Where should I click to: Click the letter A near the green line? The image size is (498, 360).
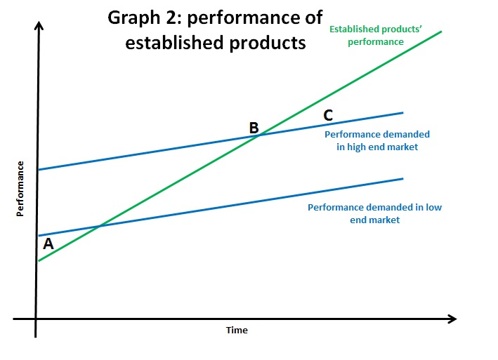pyautogui.click(x=48, y=244)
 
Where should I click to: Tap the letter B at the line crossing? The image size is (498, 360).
pyautogui.click(x=254, y=128)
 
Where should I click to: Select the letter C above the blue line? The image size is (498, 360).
pyautogui.click(x=328, y=115)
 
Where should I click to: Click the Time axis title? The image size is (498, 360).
pyautogui.click(x=237, y=331)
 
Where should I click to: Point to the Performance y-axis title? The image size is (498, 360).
pyautogui.click(x=20, y=189)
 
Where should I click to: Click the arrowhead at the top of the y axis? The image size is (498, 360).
pyautogui.click(x=39, y=25)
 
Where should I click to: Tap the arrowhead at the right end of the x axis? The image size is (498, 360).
pyautogui.click(x=452, y=319)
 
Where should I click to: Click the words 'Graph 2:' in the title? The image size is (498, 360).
pyautogui.click(x=145, y=18)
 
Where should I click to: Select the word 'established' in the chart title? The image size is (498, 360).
pyautogui.click(x=176, y=43)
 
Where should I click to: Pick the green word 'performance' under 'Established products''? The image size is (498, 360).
pyautogui.click(x=376, y=42)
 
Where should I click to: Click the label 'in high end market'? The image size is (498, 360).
pyautogui.click(x=377, y=147)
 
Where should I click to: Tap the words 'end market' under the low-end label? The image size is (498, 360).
pyautogui.click(x=375, y=220)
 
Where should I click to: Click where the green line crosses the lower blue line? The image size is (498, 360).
pyautogui.click(x=100, y=226)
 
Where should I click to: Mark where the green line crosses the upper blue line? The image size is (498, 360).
pyautogui.click(x=261, y=135)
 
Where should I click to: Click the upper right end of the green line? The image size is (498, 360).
pyautogui.click(x=441, y=32)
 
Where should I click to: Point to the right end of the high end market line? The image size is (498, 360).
pyautogui.click(x=403, y=112)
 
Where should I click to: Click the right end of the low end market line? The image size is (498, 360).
pyautogui.click(x=403, y=179)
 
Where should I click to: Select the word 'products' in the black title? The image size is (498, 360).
pyautogui.click(x=268, y=44)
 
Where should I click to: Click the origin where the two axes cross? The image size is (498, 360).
pyautogui.click(x=36, y=319)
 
